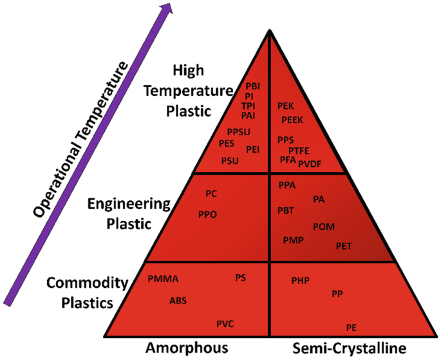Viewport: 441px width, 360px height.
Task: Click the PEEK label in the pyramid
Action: click(x=292, y=120)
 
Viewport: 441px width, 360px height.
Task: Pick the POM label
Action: click(x=323, y=227)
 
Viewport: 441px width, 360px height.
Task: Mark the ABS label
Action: click(x=178, y=300)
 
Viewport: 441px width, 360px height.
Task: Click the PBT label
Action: click(x=286, y=210)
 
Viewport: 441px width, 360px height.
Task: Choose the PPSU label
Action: click(x=238, y=132)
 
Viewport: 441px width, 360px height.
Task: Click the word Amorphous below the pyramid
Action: click(x=187, y=348)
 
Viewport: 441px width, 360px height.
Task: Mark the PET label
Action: click(x=344, y=245)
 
